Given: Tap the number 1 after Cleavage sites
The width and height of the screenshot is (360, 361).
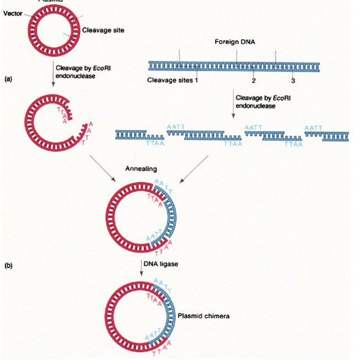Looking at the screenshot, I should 196,80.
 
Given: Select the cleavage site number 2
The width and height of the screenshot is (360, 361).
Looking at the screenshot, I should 253,80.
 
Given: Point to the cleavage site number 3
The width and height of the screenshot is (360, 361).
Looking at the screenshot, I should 293,81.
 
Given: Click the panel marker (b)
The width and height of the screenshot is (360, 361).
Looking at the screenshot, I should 8,266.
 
